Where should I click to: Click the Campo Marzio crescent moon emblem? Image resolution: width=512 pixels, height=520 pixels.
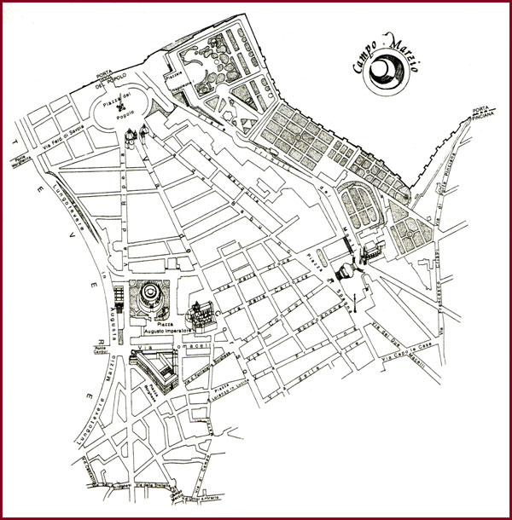[386, 74]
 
